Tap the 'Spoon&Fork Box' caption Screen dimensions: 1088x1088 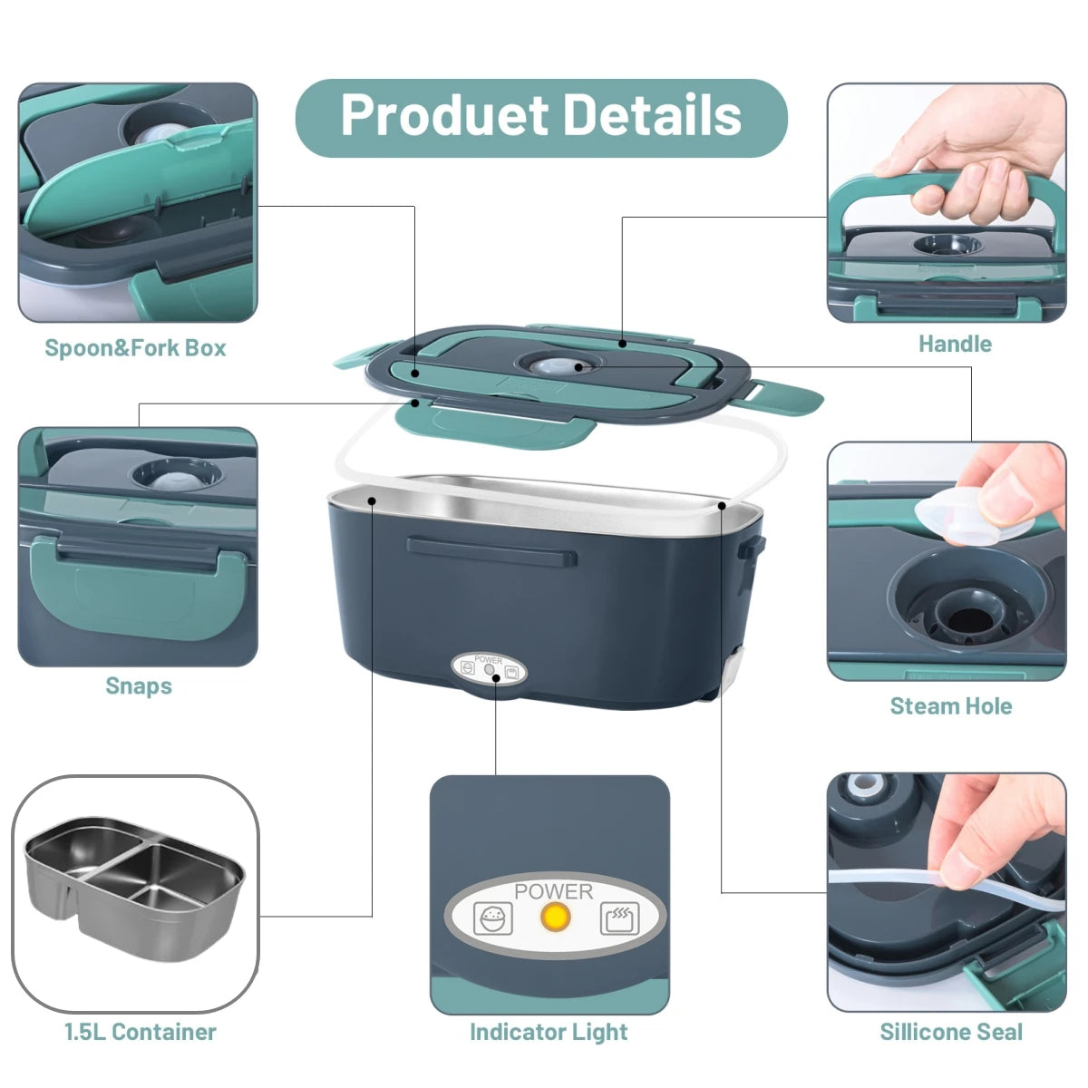click(x=135, y=348)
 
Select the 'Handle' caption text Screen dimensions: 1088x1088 click(x=955, y=345)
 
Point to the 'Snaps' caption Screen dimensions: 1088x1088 click(x=139, y=685)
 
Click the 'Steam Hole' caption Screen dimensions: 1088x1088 click(x=950, y=706)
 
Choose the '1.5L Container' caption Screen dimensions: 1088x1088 click(x=140, y=1032)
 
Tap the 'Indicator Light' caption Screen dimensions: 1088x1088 click(x=549, y=1032)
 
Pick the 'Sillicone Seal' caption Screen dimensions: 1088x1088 click(x=950, y=1032)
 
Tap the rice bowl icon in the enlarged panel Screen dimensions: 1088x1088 click(x=493, y=918)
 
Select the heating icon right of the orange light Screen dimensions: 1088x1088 click(x=619, y=918)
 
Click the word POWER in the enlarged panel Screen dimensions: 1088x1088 click(x=553, y=891)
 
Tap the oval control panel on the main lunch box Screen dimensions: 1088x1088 click(x=490, y=671)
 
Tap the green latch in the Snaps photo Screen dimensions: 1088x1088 click(x=136, y=580)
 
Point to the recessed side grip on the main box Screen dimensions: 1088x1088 click(x=491, y=550)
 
